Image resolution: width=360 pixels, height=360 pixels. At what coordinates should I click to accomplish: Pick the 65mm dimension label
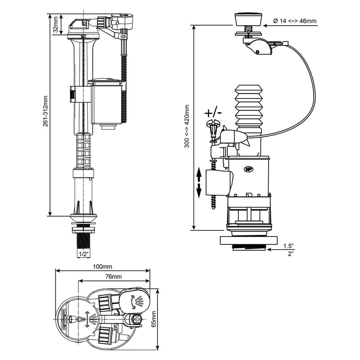pos(166,319)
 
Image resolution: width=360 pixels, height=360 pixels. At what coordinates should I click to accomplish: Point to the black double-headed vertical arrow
pos(198,184)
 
